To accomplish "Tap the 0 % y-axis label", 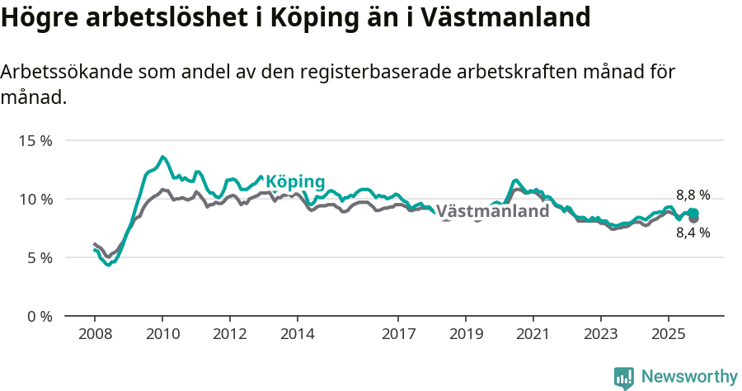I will [x=38, y=316].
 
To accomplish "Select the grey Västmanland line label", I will [x=492, y=211].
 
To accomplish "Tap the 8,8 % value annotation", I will [x=693, y=195].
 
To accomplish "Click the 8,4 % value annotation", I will [x=693, y=233].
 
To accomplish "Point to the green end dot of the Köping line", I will [x=693, y=213].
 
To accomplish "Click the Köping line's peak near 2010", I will [x=162, y=157].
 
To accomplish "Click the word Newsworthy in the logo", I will [x=689, y=377].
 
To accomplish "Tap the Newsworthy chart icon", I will [x=624, y=378].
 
